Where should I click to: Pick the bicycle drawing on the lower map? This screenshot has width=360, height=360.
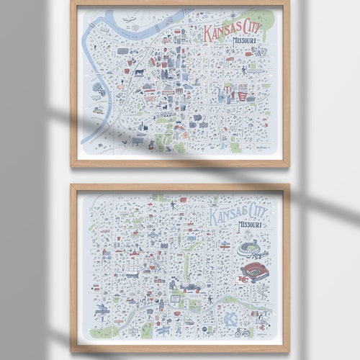(x=242, y=332)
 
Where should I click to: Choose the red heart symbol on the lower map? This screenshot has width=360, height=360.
(x=182, y=199)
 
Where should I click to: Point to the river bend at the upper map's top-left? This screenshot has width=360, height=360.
(x=94, y=32)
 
